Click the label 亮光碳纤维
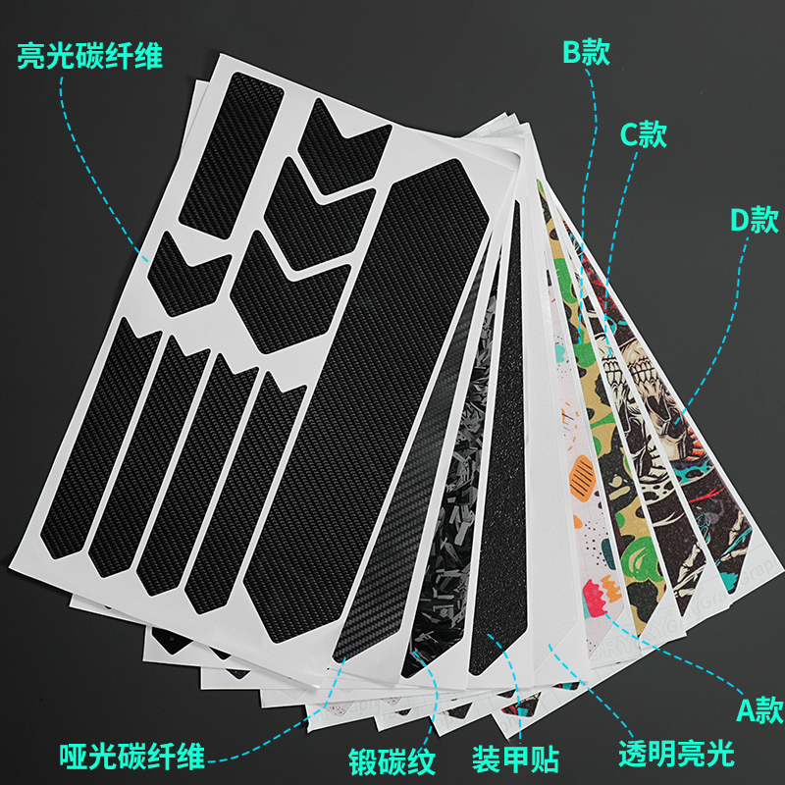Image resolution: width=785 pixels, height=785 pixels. pos(89,56)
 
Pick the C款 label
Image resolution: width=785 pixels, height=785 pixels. pos(643,134)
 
